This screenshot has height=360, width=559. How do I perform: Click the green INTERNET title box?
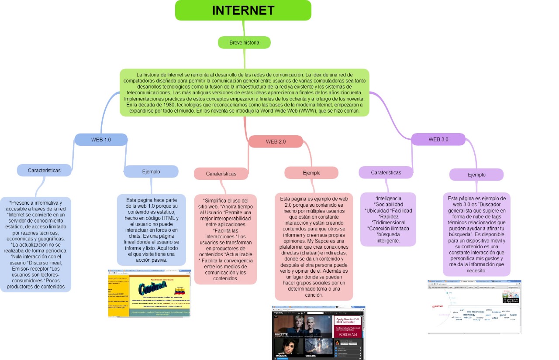(x=243, y=10)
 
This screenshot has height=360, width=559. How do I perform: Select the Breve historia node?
(x=244, y=42)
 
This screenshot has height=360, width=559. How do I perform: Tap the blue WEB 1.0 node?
(x=101, y=140)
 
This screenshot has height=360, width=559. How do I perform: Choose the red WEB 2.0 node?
(x=276, y=141)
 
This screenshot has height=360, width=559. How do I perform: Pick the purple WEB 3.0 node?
(x=438, y=139)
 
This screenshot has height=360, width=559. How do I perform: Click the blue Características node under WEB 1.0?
(x=44, y=170)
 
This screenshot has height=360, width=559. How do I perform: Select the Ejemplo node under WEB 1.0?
(x=151, y=171)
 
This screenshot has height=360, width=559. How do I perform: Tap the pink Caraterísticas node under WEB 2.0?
(x=221, y=173)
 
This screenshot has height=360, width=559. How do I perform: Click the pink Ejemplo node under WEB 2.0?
(x=311, y=173)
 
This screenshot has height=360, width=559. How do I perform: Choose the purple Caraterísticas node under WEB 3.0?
(x=386, y=172)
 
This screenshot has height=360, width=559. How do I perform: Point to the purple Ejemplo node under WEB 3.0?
(x=476, y=175)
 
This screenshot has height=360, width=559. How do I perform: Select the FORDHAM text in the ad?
(x=348, y=334)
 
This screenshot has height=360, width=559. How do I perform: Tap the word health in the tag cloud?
(x=513, y=315)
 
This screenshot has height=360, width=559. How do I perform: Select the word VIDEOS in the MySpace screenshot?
(x=311, y=356)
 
